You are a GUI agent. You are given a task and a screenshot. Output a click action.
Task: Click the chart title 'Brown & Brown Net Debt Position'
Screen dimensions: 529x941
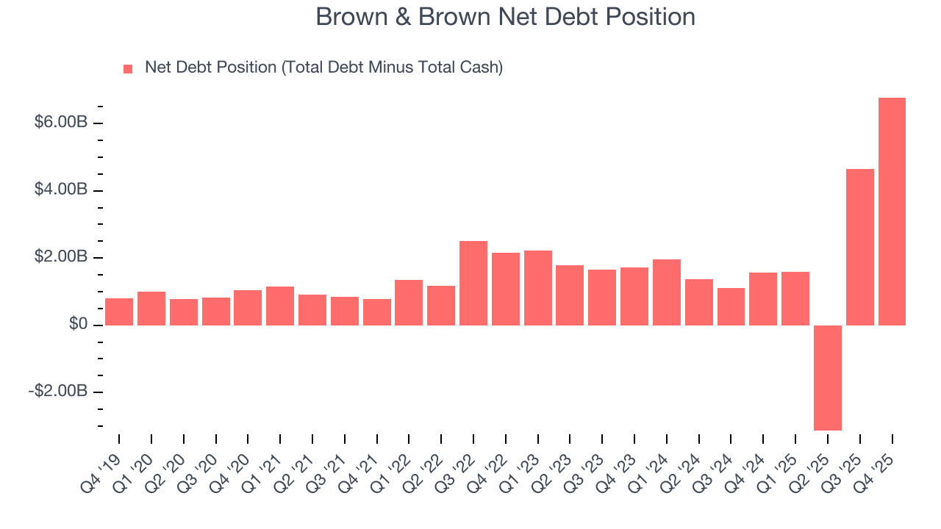click(505, 17)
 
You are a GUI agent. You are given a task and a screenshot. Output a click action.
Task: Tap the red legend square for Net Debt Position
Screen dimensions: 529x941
click(128, 68)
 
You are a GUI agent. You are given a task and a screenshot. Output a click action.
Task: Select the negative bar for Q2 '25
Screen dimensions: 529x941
click(828, 377)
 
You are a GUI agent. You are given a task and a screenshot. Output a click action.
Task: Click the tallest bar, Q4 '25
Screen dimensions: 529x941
click(892, 212)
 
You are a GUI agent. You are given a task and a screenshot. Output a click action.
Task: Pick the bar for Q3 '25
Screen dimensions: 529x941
click(860, 247)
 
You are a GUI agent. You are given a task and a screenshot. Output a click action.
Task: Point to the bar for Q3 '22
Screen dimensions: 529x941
click(473, 283)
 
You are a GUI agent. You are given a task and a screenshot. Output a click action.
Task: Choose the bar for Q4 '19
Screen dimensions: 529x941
click(119, 312)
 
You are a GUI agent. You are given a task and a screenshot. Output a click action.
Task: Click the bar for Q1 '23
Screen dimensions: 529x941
click(538, 287)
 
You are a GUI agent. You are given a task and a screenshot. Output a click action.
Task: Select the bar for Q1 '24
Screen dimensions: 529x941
click(667, 292)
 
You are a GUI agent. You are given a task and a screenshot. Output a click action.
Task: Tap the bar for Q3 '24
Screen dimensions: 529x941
click(731, 306)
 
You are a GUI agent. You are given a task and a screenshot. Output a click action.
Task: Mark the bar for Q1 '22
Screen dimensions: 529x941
click(409, 302)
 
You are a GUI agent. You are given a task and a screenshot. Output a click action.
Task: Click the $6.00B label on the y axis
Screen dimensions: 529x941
click(61, 122)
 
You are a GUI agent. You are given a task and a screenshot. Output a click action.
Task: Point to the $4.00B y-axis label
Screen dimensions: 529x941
click(61, 190)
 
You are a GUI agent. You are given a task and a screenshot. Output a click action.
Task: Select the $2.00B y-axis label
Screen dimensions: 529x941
click(61, 257)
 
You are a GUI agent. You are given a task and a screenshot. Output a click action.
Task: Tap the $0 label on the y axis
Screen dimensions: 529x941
click(76, 325)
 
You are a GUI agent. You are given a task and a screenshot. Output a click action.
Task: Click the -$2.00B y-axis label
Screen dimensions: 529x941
click(58, 392)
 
